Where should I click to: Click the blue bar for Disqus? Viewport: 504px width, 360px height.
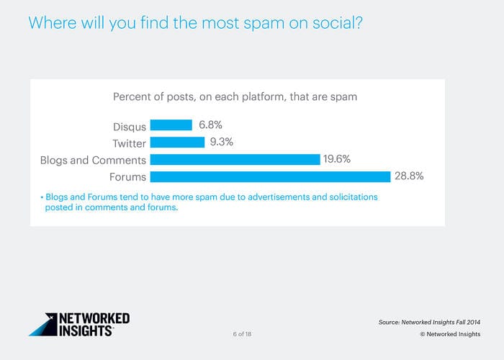pos(171,125)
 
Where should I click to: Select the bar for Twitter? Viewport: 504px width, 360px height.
pos(177,143)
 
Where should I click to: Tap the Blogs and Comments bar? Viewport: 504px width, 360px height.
pos(235,160)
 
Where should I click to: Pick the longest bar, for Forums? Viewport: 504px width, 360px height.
pos(270,176)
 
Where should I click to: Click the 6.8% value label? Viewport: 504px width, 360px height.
pos(211,125)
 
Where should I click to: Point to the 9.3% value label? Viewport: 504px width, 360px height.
pos(222,143)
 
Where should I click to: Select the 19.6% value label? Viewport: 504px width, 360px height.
pos(337,160)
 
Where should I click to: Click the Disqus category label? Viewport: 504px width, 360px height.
pos(130,126)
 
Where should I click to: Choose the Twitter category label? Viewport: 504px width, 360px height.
pos(129,143)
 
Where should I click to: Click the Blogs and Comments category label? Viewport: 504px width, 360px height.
pos(93,161)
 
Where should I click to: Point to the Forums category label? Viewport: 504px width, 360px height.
pos(127,177)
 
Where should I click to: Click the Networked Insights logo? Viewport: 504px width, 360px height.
pos(79,324)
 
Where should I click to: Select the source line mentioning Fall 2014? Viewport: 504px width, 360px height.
pos(431,322)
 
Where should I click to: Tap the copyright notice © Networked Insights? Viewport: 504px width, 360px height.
pos(451,335)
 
